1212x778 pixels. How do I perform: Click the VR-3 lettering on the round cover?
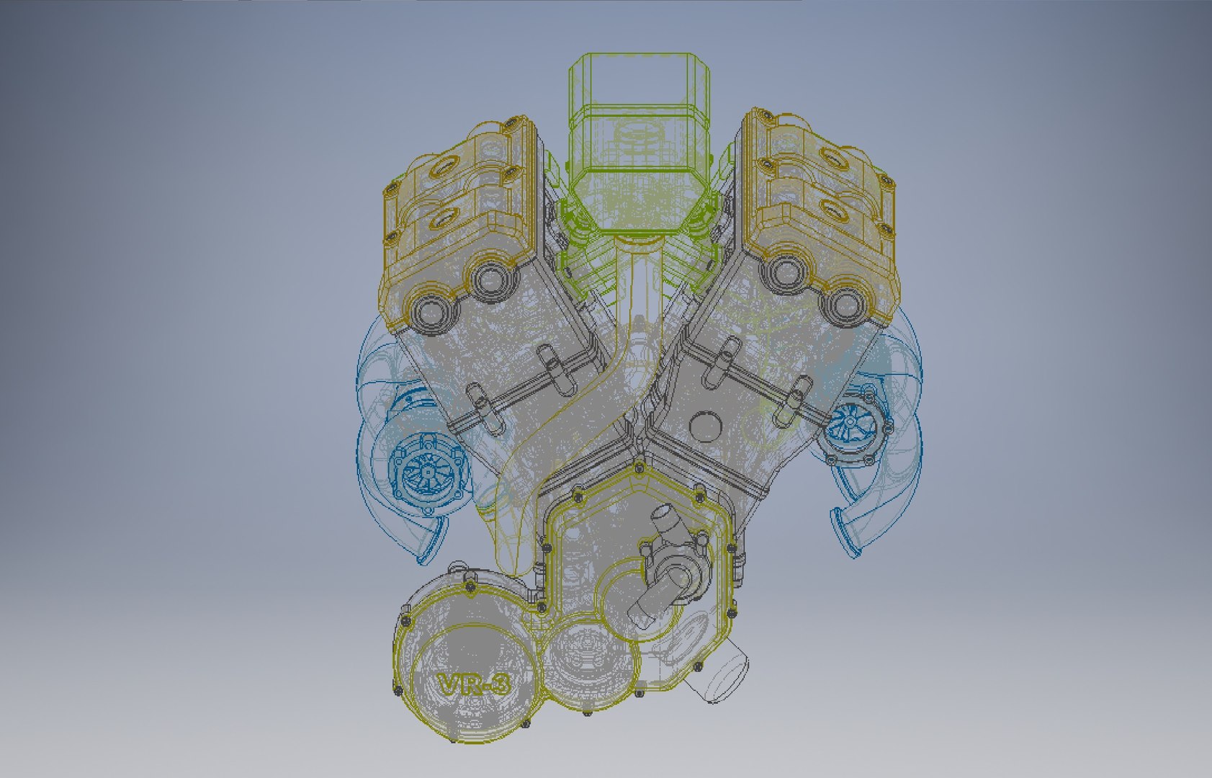[x=473, y=684]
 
